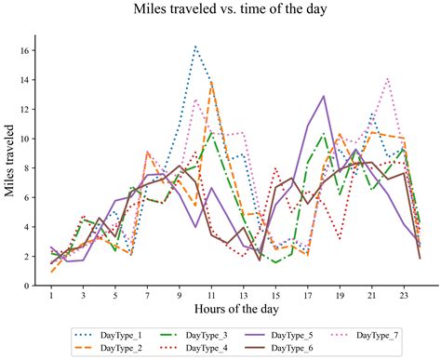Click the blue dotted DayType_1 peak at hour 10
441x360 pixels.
(x=195, y=46)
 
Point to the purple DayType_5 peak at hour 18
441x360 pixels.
(x=324, y=96)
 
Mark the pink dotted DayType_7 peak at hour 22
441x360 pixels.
(x=388, y=78)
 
